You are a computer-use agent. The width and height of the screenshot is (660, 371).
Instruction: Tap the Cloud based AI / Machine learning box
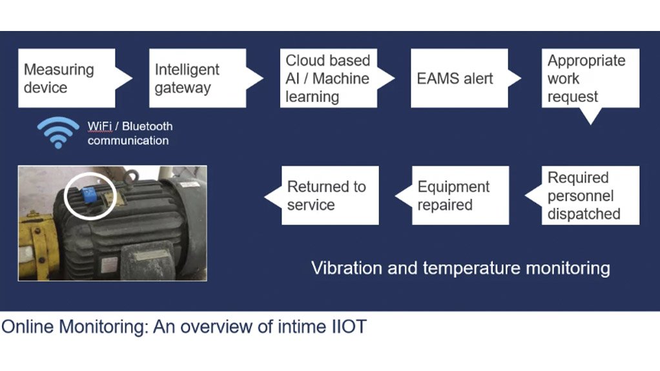(x=328, y=78)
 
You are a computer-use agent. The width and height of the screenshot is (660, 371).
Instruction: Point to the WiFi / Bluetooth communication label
(x=130, y=134)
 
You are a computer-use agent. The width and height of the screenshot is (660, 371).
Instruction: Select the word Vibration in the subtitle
(x=341, y=267)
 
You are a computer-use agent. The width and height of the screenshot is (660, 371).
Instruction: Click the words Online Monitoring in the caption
(x=75, y=326)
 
